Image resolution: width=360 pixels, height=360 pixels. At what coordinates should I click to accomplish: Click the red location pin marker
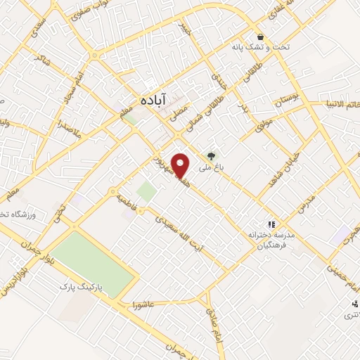pyautogui.click(x=182, y=165)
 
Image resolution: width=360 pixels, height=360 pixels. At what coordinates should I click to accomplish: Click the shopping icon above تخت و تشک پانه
pyautogui.click(x=261, y=37)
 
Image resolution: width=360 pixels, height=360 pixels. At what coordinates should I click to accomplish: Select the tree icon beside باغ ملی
pyautogui.click(x=209, y=156)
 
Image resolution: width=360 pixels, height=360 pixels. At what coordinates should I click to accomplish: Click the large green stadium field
pyautogui.click(x=91, y=262)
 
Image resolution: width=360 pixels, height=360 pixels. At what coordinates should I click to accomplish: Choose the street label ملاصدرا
pyautogui.click(x=72, y=129)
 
